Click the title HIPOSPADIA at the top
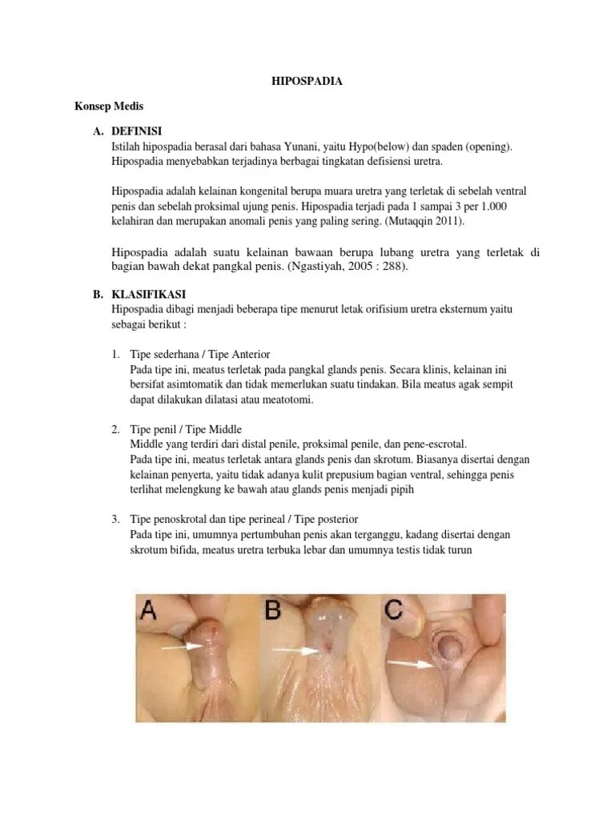coord(307,81)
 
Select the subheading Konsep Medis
coord(109,107)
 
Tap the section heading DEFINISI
coord(136,131)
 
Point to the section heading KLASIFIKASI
coord(148,294)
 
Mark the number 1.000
coord(493,206)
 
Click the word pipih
coord(402,491)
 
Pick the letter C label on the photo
coord(393,609)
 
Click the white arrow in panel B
coord(296,650)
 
